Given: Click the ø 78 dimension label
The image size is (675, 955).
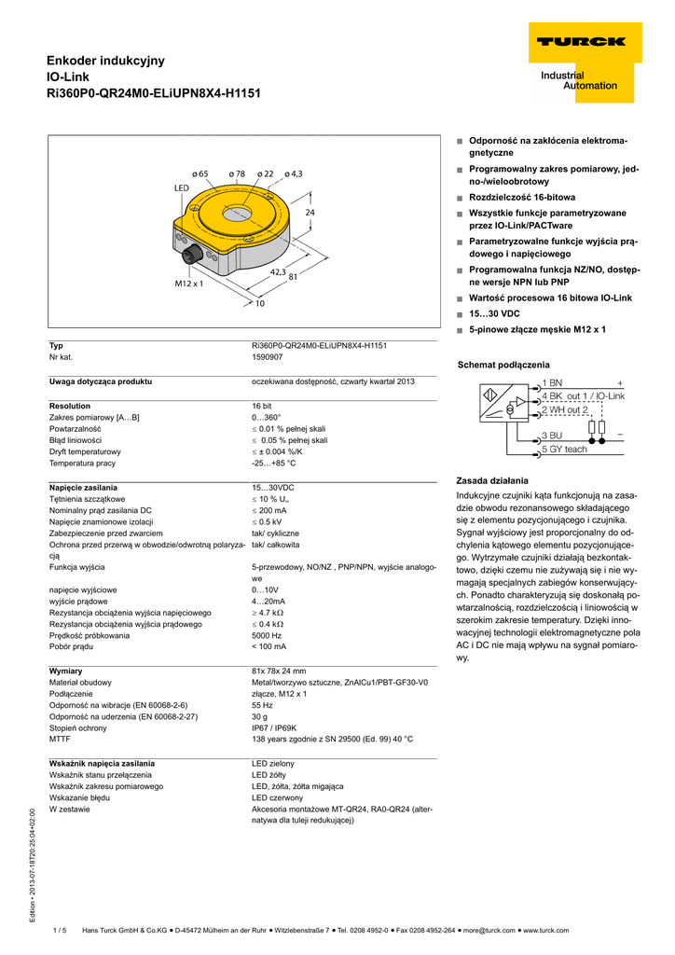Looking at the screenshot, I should click(235, 173).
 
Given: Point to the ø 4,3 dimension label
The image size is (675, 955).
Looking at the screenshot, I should click(294, 173).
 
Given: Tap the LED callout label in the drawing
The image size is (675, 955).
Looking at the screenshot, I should click(181, 188).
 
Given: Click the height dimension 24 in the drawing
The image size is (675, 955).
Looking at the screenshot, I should click(311, 213).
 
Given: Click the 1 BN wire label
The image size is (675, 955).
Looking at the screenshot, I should click(553, 383).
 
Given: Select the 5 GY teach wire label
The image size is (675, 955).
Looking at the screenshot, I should click(565, 450).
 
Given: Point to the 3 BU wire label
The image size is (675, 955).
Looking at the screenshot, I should click(553, 436).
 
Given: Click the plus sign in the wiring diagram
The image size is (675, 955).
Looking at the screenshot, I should click(619, 383).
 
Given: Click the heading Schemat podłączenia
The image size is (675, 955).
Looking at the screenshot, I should click(503, 365).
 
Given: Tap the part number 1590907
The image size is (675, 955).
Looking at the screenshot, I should click(269, 357).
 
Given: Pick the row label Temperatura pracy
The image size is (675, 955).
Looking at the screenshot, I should click(82, 463).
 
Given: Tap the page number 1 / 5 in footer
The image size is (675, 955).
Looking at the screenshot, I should click(61, 930).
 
